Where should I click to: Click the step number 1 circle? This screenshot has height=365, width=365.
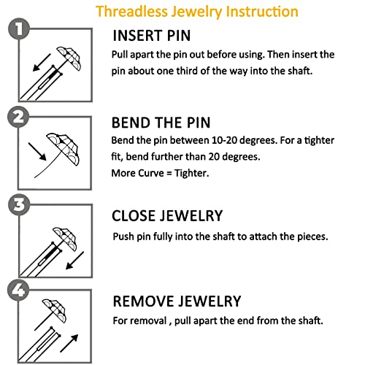pyautogui.click(x=19, y=28)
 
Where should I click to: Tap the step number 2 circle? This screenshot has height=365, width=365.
pyautogui.click(x=18, y=117)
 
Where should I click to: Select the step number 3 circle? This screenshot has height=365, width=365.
pyautogui.click(x=19, y=204)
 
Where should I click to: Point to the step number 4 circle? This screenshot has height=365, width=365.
pyautogui.click(x=18, y=290)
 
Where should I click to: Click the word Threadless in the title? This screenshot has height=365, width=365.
pyautogui.click(x=131, y=12)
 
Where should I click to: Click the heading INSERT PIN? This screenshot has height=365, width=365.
pyautogui.click(x=152, y=36)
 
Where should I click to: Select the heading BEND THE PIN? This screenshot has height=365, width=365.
pyautogui.click(x=161, y=123)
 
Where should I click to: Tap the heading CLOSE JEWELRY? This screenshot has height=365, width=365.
pyautogui.click(x=167, y=215)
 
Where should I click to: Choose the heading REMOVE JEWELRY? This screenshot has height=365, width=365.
pyautogui.click(x=177, y=301)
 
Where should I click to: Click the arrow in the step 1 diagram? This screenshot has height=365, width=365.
pyautogui.click(x=42, y=63)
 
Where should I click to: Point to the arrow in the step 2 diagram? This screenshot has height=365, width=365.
pyautogui.click(x=37, y=152)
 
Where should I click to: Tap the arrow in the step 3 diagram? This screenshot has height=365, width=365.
pyautogui.click(x=74, y=261)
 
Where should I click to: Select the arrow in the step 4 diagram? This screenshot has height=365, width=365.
pyautogui.click(x=69, y=343)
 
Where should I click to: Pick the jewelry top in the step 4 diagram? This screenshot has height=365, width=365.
pyautogui.click(x=54, y=311)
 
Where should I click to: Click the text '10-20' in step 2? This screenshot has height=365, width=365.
pyautogui.click(x=225, y=140)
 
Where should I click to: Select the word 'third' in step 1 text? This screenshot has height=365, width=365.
pyautogui.click(x=186, y=71)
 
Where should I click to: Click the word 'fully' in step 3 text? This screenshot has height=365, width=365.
pyautogui.click(x=163, y=237)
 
